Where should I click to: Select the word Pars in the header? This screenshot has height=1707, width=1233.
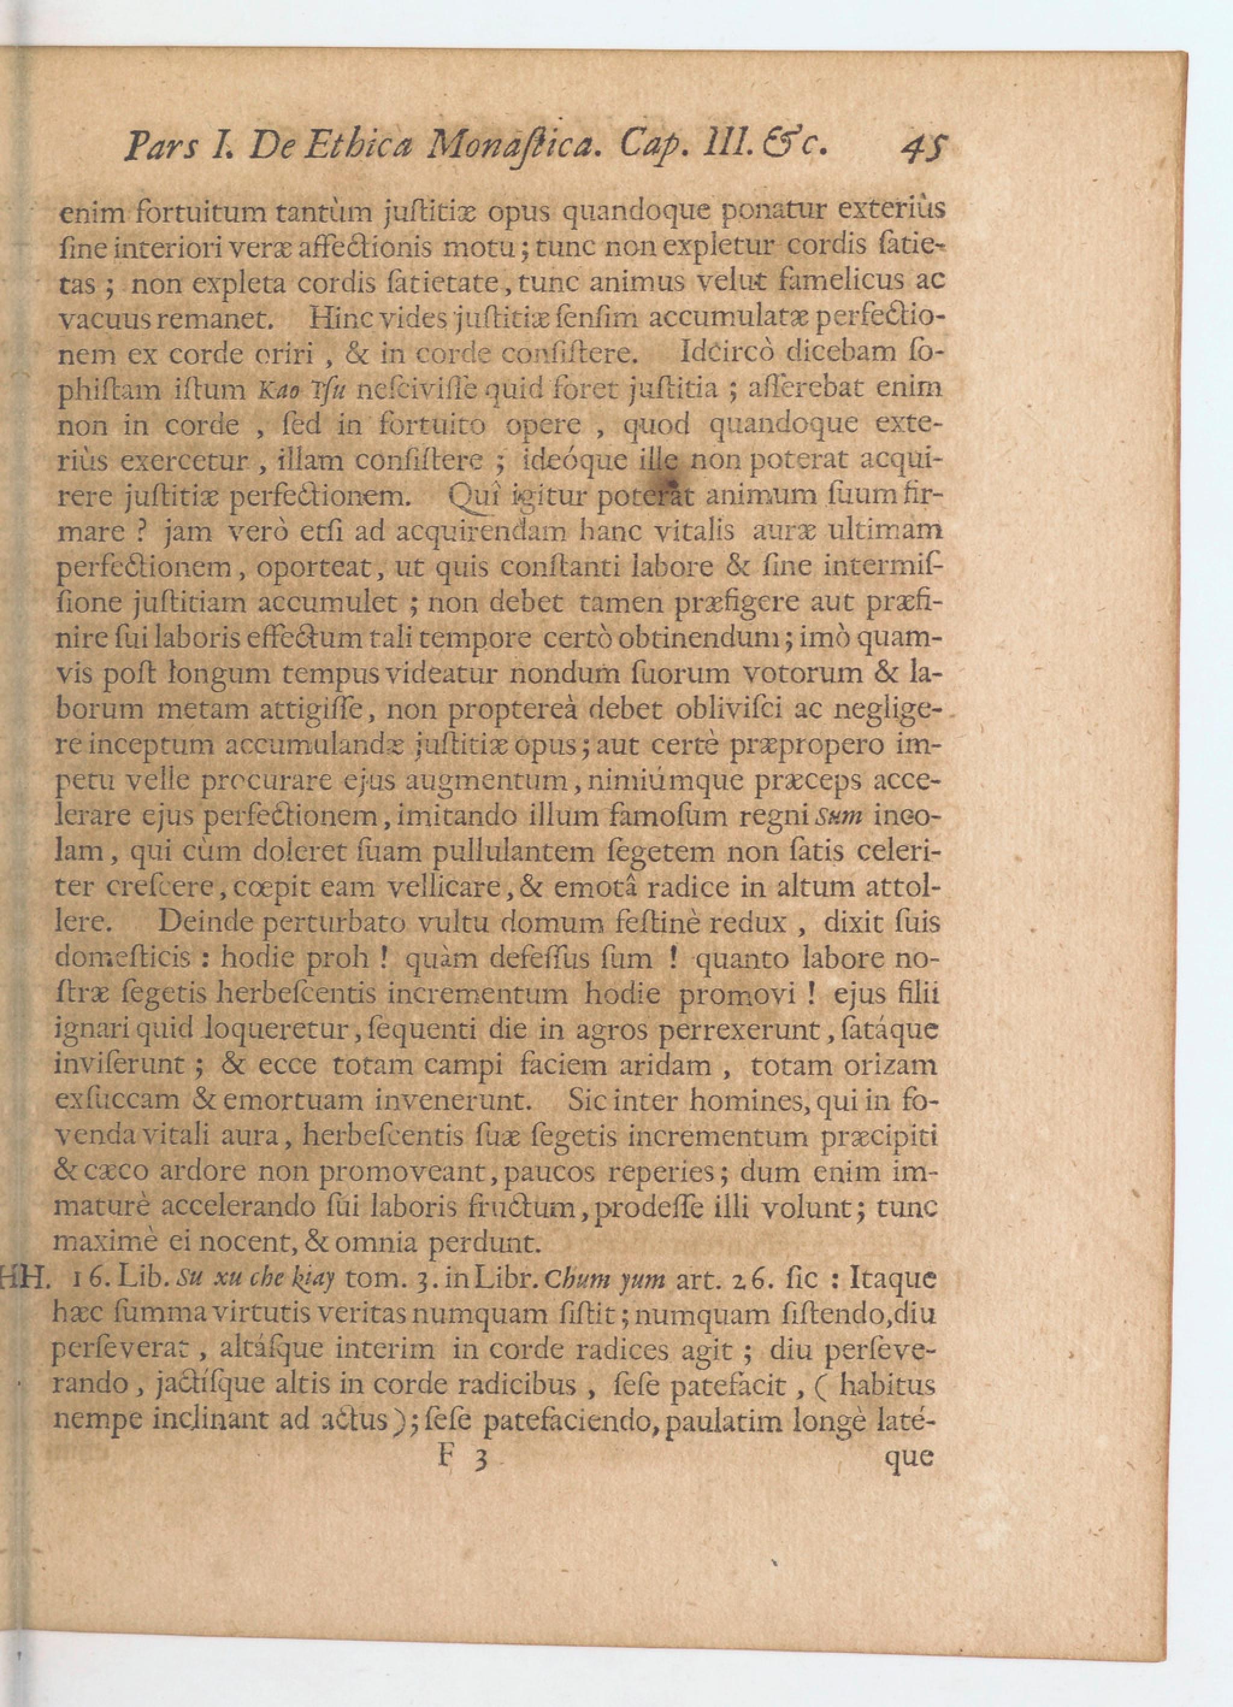[161, 147]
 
